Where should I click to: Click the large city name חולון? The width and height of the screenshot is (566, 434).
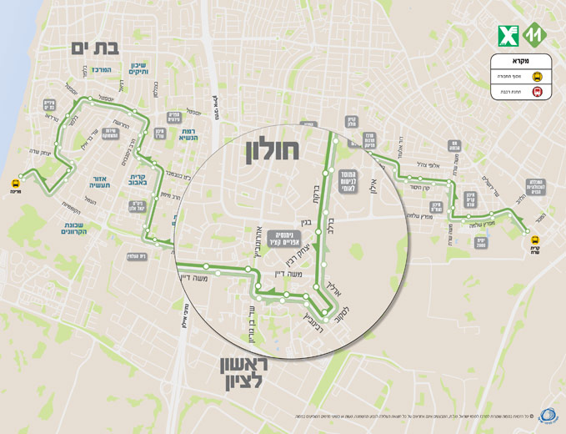tap(273, 152)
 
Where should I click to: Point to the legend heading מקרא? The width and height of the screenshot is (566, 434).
tap(521, 61)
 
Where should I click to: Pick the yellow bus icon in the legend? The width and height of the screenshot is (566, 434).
tap(538, 76)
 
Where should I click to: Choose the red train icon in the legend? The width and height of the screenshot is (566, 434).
tap(538, 92)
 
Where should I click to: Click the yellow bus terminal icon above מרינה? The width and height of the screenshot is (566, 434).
tap(16, 183)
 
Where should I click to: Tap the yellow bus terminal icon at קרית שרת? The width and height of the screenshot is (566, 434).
tap(536, 240)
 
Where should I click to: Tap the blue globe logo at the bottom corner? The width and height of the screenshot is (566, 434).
tap(549, 415)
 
